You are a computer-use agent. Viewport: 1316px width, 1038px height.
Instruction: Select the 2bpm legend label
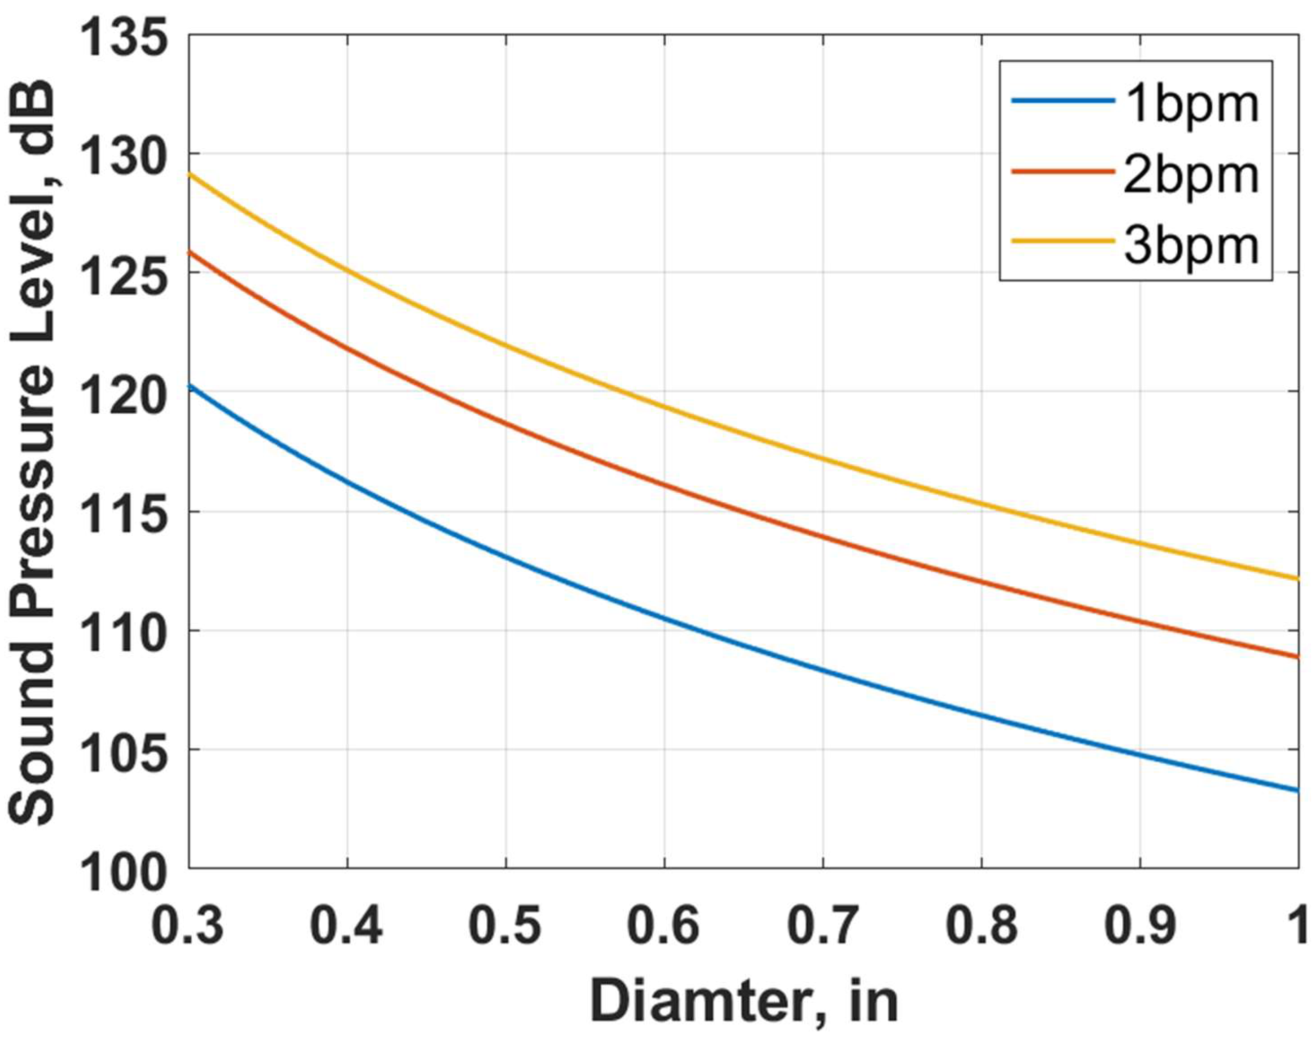[1191, 176]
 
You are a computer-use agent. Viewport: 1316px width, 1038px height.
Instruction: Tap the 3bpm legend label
[1191, 245]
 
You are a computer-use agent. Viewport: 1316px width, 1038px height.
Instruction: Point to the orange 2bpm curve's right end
[1297, 657]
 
